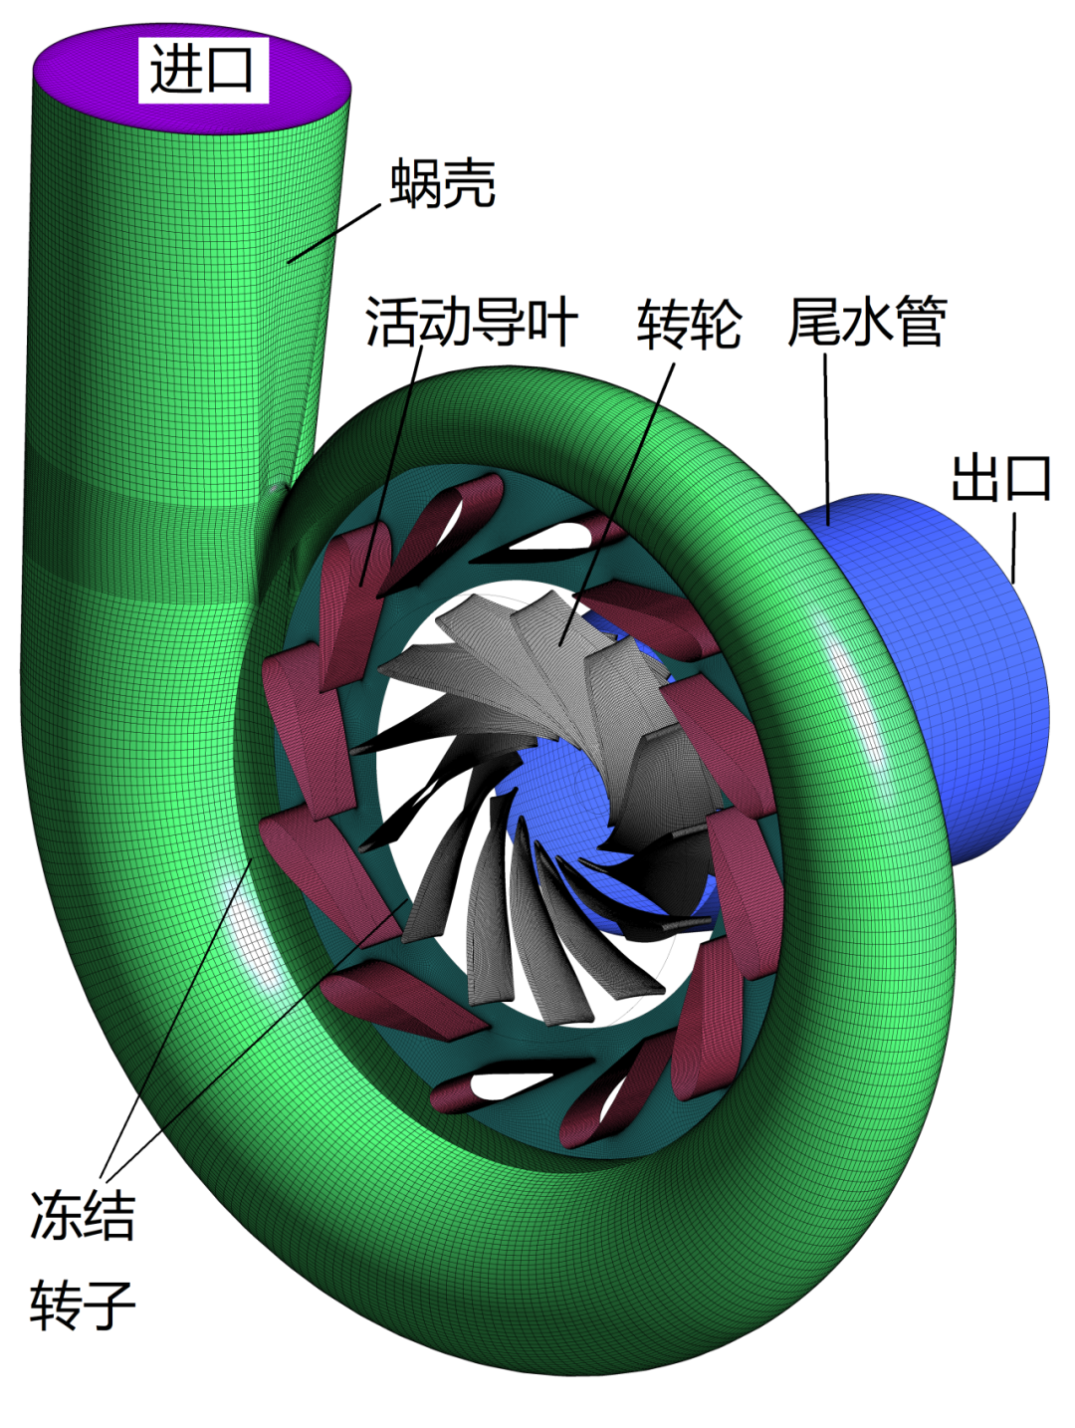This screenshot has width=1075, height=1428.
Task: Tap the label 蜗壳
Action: pos(443,183)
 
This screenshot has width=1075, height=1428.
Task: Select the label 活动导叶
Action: pos(471,322)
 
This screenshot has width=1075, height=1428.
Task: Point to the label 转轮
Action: pos(689,324)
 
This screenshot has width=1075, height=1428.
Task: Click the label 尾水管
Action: pos(866,322)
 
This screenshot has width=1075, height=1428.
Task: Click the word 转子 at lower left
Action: pos(83,1305)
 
